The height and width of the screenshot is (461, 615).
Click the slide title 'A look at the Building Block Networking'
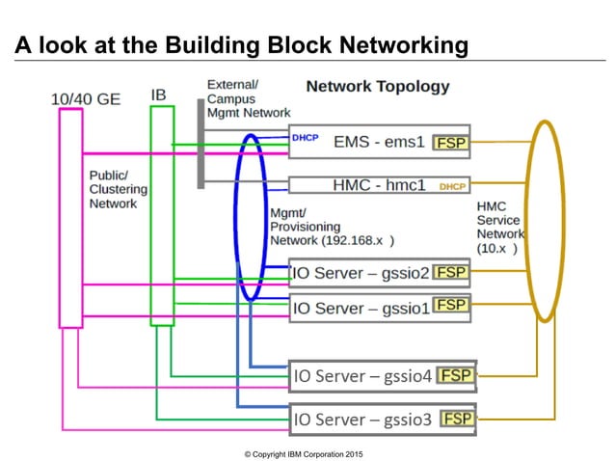tap(241, 44)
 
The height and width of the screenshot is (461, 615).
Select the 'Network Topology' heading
tap(377, 86)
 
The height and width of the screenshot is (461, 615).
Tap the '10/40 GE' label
tap(86, 98)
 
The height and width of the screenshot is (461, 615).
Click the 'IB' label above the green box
tap(159, 95)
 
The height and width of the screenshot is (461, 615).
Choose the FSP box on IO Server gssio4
tap(457, 374)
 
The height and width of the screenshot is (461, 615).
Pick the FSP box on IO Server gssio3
tap(458, 419)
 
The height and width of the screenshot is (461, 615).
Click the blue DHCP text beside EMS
tap(305, 138)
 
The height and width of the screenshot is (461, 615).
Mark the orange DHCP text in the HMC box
tap(452, 185)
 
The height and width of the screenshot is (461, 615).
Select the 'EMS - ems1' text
tap(379, 142)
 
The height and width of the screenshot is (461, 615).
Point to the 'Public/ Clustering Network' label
tap(113, 190)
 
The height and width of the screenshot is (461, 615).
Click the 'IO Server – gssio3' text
tap(362, 420)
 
